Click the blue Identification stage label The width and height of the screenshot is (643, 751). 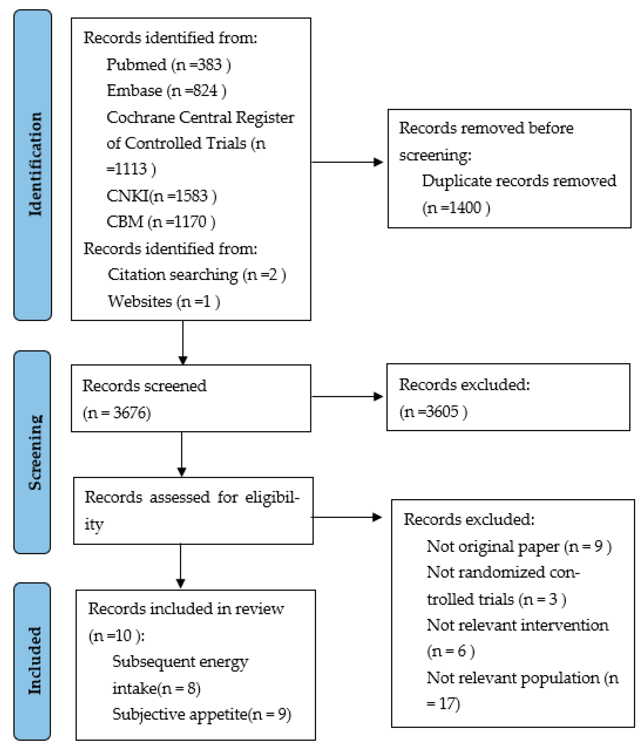click(33, 165)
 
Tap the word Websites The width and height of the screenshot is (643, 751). click(140, 301)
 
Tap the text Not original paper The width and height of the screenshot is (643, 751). click(492, 546)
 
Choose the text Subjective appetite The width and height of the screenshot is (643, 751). click(180, 714)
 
